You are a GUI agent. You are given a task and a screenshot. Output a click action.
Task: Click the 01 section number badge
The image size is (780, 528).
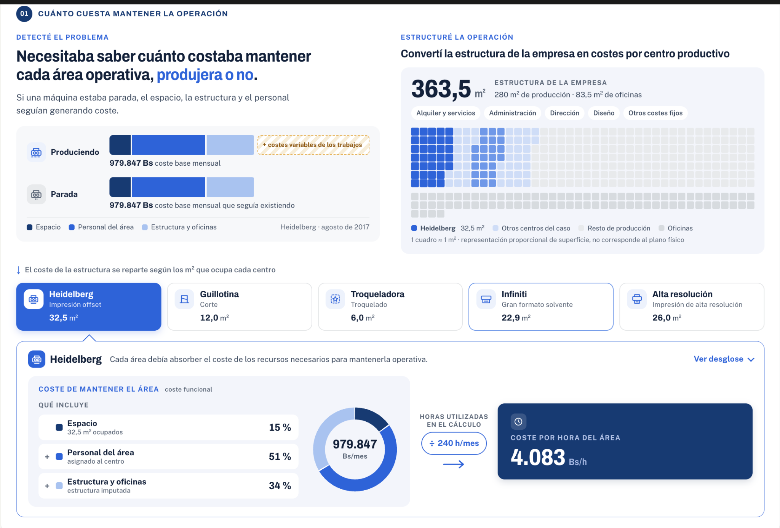24,14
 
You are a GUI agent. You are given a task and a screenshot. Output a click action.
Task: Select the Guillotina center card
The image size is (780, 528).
240,306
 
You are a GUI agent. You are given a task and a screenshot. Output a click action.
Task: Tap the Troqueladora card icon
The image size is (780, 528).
335,299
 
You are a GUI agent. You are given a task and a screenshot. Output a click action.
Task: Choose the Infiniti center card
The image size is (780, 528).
541,306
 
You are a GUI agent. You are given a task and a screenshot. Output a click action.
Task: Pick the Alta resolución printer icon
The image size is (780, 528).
637,299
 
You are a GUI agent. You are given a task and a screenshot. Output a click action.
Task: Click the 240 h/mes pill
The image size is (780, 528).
454,443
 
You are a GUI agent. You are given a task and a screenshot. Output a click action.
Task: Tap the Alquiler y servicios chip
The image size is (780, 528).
446,113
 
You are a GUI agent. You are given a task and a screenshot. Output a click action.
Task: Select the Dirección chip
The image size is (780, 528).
564,113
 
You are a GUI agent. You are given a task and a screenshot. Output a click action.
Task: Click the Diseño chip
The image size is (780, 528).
604,113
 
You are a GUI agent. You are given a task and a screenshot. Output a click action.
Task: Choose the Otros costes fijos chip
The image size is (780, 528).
655,113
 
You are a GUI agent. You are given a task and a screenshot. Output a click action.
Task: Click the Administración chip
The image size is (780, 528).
512,113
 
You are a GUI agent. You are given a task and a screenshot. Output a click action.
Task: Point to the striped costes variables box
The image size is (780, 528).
313,145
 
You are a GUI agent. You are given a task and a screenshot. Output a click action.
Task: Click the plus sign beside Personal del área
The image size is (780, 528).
47,456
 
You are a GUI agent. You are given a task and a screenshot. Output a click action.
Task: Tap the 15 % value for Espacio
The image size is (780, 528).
280,427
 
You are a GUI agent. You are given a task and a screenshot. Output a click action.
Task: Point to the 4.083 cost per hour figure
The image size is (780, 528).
538,457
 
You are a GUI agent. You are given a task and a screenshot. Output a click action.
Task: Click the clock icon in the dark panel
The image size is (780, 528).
518,422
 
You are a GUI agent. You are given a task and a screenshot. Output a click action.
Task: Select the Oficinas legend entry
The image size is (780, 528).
676,228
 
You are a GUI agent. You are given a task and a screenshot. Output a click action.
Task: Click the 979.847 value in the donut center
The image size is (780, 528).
355,444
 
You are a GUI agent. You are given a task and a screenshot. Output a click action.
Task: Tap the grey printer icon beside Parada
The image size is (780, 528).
36,194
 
